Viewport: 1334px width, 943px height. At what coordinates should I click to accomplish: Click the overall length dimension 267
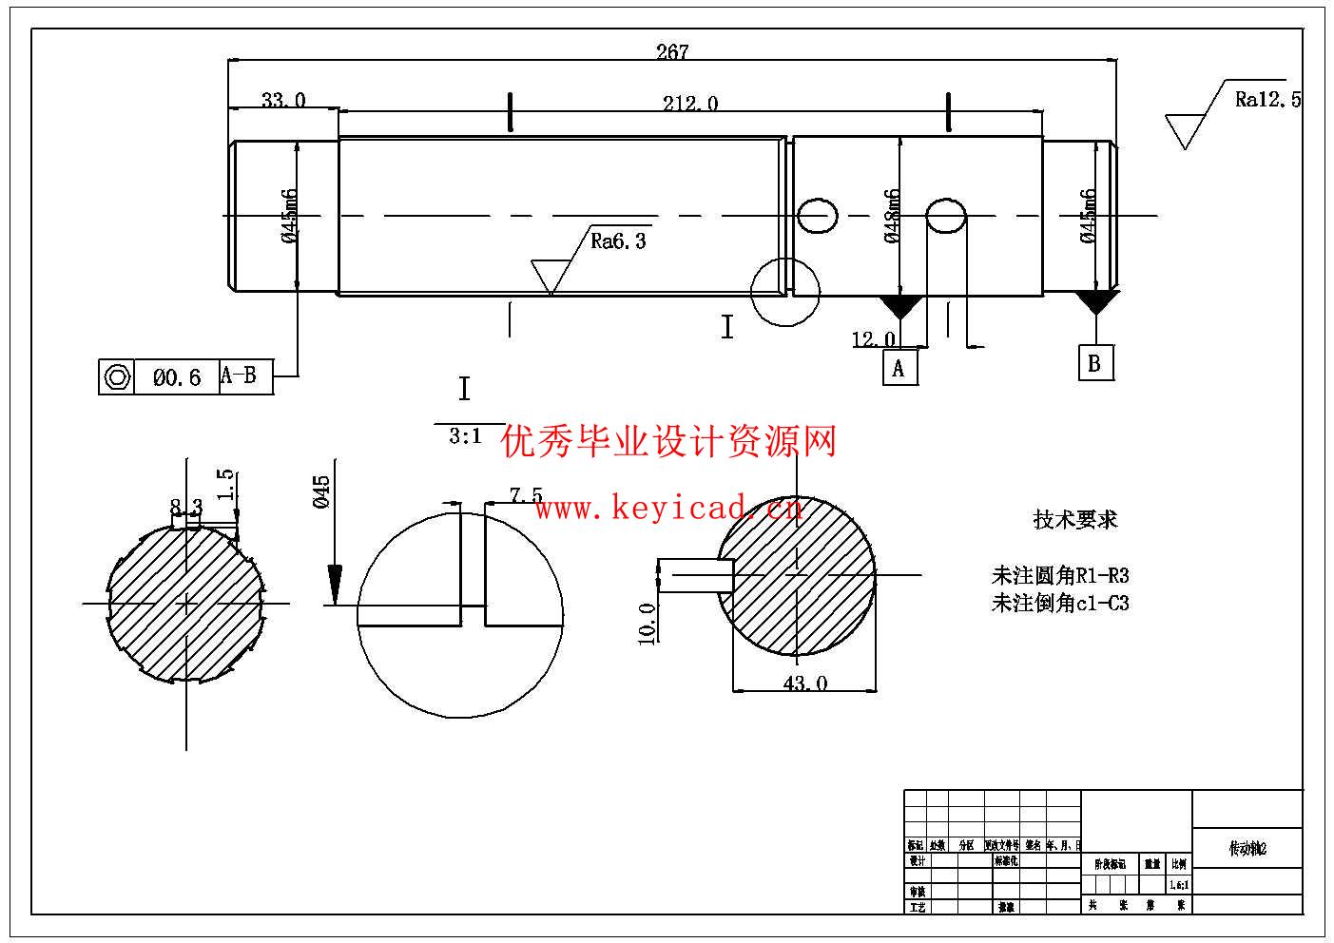671,52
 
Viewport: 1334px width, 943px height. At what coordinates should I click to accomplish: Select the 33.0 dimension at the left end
283,100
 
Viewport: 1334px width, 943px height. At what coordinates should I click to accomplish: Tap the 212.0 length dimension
689,103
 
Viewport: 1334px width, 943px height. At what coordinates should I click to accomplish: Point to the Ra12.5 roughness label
1267,100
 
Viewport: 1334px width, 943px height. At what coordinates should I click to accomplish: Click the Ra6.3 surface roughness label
618,241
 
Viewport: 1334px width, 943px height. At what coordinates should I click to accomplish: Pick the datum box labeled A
899,368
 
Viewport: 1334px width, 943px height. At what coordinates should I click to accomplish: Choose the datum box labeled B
1094,363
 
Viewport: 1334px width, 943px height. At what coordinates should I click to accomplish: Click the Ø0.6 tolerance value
177,377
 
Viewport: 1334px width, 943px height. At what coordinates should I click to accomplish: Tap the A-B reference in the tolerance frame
239,375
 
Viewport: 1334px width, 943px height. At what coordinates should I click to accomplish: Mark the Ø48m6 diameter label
892,216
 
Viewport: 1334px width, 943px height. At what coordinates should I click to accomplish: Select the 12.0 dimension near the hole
873,339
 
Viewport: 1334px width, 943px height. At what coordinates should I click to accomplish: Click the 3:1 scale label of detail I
465,437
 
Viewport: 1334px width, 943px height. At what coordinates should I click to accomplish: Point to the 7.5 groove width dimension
526,495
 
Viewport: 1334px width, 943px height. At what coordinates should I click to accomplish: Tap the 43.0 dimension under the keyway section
804,683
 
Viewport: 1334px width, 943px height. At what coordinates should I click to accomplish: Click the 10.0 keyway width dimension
648,623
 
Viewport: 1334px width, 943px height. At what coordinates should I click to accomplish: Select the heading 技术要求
1075,520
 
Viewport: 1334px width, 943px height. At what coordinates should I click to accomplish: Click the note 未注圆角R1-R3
1060,575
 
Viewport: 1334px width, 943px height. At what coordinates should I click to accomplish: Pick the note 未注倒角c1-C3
1060,603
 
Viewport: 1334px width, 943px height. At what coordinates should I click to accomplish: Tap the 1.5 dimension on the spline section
225,484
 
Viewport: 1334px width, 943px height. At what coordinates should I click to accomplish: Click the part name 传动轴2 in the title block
1247,849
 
